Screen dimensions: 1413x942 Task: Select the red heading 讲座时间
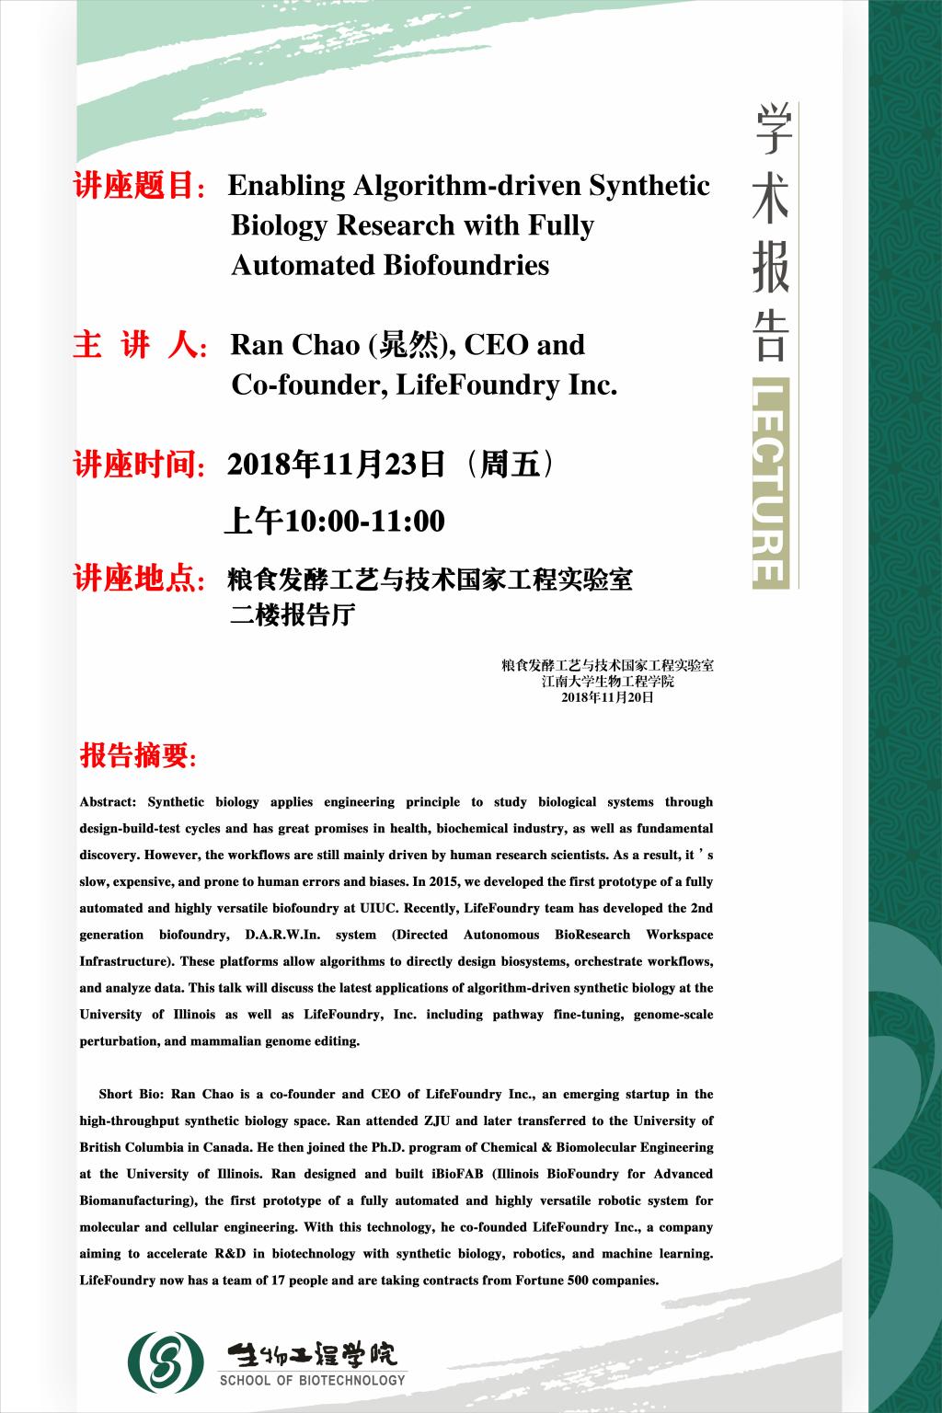click(138, 465)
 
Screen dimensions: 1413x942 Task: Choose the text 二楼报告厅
click(292, 615)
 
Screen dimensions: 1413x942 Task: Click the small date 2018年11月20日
click(607, 698)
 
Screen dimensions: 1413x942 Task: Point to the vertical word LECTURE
click(770, 482)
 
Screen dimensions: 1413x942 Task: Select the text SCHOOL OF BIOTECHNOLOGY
click(312, 1380)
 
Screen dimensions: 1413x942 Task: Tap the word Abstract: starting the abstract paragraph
click(108, 802)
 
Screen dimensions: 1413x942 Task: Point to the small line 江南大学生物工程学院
click(607, 682)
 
